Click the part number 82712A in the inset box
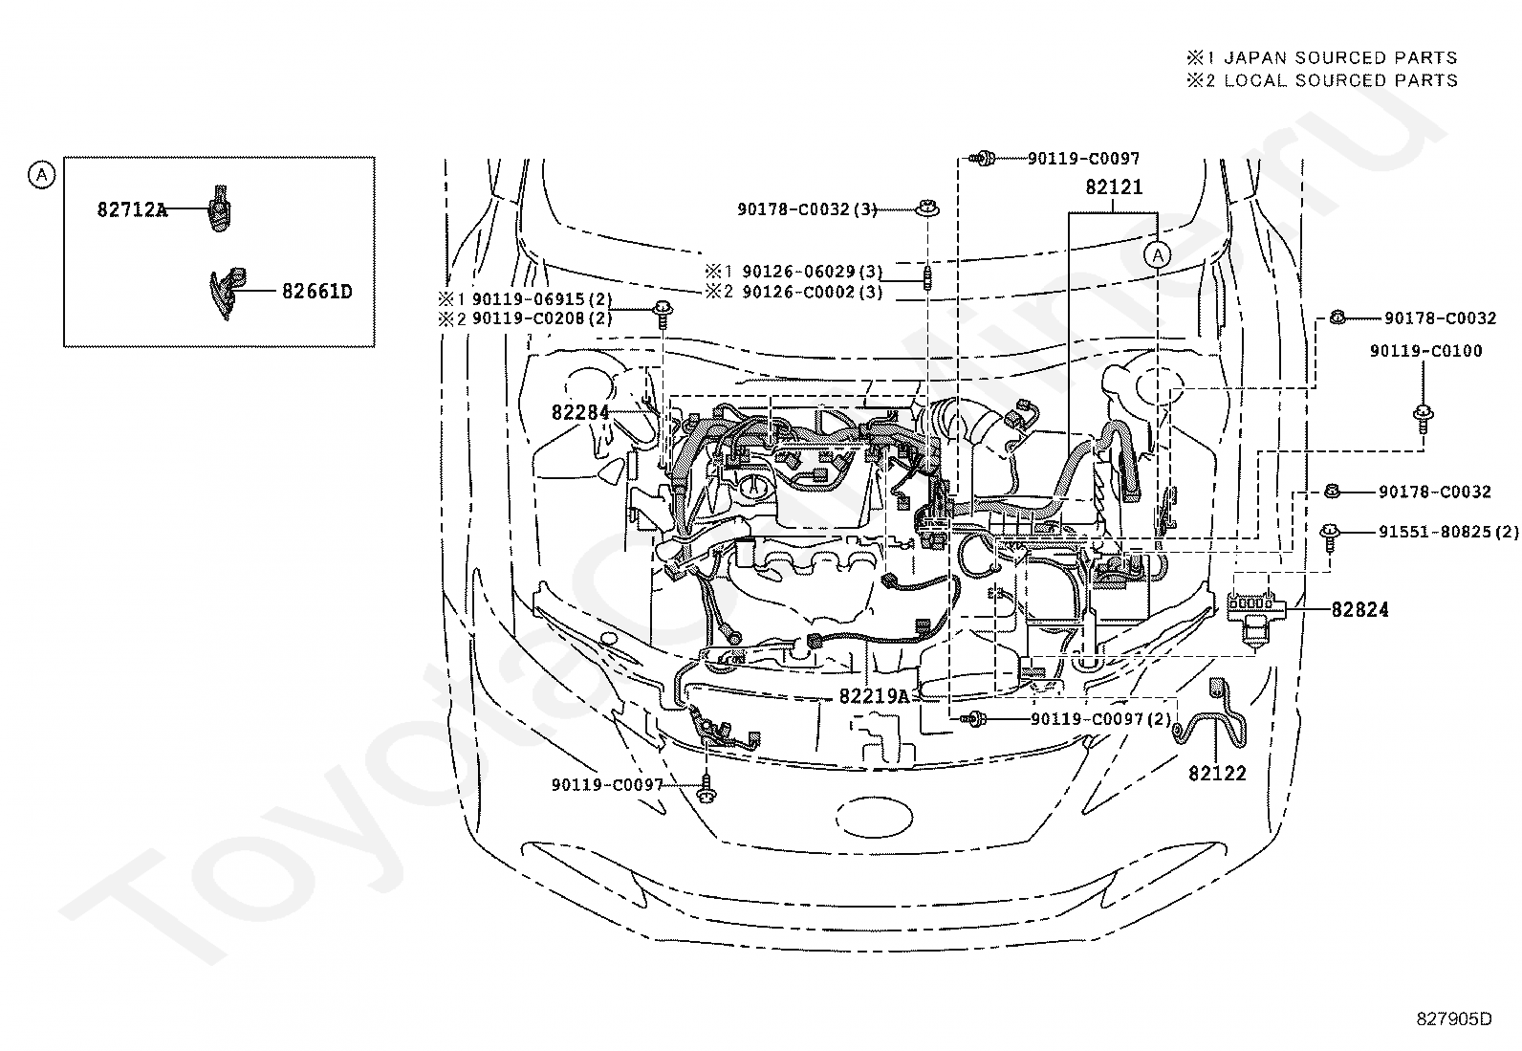click(x=132, y=209)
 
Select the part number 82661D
click(x=317, y=292)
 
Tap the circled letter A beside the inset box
click(x=41, y=175)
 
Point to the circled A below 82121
click(x=1158, y=255)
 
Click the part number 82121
click(x=1115, y=186)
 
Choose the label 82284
click(x=580, y=412)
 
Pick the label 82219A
click(x=874, y=696)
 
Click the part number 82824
click(x=1359, y=610)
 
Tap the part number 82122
click(x=1218, y=773)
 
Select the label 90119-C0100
click(x=1426, y=351)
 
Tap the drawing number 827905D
click(x=1454, y=1019)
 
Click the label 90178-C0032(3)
click(x=807, y=209)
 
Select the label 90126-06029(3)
click(x=812, y=272)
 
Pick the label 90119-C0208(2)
click(x=542, y=318)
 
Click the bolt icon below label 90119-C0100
click(x=1423, y=418)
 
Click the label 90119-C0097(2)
click(x=1101, y=718)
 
